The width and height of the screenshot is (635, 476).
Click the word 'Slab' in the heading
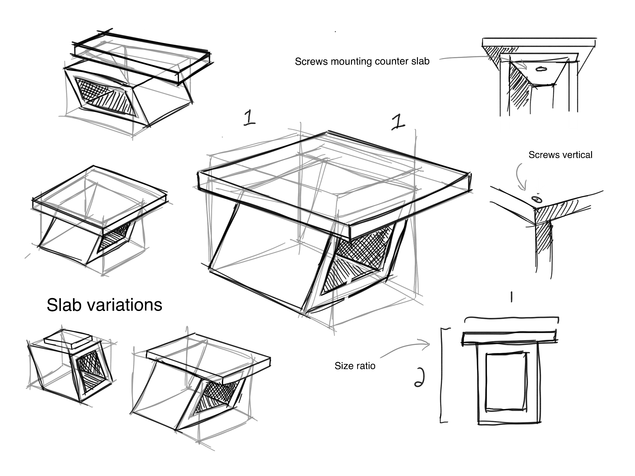click(x=64, y=305)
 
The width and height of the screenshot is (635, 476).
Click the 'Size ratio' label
click(x=355, y=366)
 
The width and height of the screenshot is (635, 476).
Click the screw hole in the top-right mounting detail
click(x=541, y=69)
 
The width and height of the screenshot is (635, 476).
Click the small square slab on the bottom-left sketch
click(x=68, y=340)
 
